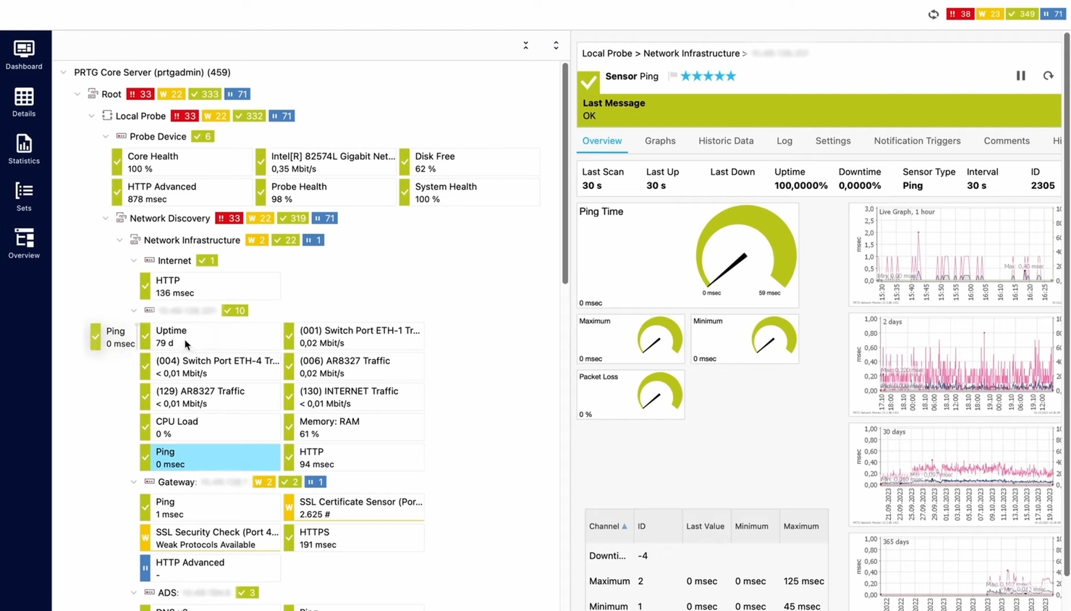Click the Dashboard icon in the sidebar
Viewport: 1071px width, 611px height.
(24, 55)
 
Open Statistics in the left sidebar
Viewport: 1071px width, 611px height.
(24, 149)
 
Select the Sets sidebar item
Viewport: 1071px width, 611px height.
(24, 197)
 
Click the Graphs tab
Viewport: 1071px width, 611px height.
(659, 141)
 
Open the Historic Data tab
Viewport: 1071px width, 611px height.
(725, 141)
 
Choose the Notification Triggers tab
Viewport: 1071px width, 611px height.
(916, 141)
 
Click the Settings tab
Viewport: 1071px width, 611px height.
(832, 141)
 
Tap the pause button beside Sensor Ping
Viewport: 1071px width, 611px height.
(1020, 76)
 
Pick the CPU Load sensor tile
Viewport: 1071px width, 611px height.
(209, 427)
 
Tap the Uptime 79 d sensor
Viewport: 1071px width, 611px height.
(209, 337)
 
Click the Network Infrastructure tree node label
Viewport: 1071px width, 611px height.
(191, 240)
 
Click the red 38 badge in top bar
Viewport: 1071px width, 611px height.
(960, 14)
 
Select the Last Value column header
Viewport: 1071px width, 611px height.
(704, 526)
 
